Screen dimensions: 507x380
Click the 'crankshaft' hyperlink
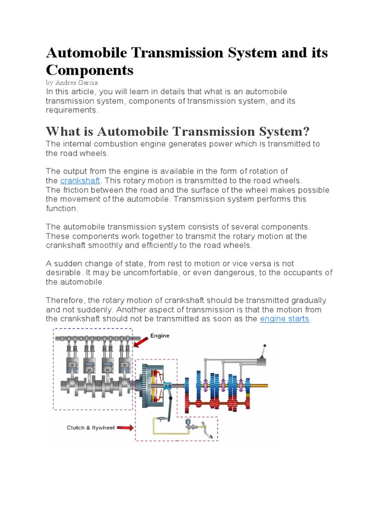pyautogui.click(x=80, y=181)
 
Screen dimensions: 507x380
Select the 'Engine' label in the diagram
pyautogui.click(x=160, y=336)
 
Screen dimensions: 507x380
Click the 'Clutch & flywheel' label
pyautogui.click(x=91, y=428)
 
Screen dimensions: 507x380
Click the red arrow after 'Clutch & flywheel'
pyautogui.click(x=125, y=428)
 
